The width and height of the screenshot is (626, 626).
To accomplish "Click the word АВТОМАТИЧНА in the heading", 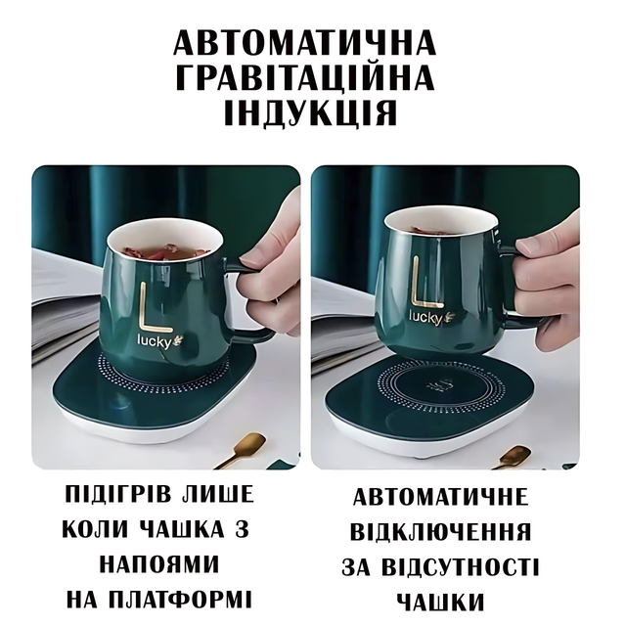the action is pos(304,42).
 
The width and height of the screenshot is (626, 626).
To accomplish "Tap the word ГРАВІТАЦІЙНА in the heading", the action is pos(304,77).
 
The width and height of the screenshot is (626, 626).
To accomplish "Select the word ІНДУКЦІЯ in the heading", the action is pos(311,112).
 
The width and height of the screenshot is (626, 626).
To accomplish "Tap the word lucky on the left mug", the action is pos(154,341).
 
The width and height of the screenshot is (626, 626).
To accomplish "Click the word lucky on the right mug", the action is pos(425,317).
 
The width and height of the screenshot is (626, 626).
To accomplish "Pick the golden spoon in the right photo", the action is pos(513,457).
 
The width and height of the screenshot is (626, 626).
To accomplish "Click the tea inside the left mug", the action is pos(163,251).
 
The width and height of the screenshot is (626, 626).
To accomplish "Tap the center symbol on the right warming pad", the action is pos(439,386).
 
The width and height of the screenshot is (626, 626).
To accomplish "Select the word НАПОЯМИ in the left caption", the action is pos(159,564).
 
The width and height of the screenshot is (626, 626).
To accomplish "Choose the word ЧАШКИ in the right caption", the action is pos(441,603).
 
